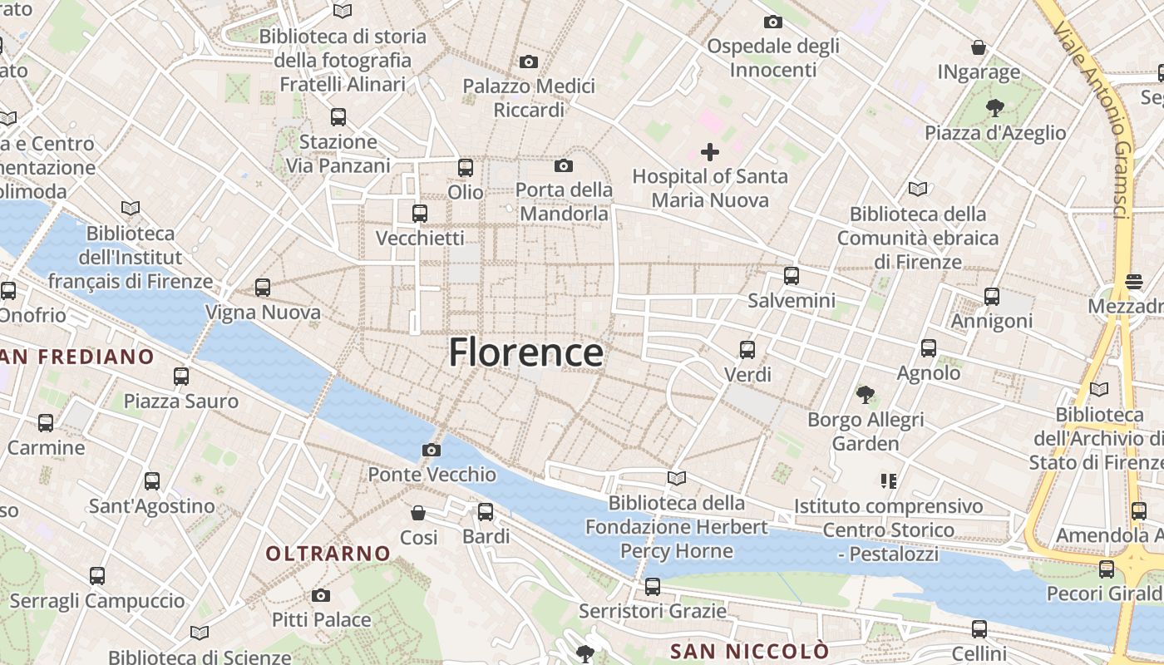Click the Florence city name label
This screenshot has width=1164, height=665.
click(x=526, y=352)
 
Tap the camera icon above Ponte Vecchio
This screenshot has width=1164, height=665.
click(x=432, y=450)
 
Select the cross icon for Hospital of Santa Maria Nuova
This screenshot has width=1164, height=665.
click(x=710, y=151)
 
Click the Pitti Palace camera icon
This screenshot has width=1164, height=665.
click(x=321, y=595)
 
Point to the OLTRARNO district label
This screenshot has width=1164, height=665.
click(x=328, y=553)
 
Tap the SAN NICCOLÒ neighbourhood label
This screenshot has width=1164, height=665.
click(x=750, y=650)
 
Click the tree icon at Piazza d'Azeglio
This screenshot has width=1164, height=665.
click(x=994, y=107)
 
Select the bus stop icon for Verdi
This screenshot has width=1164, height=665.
click(x=747, y=350)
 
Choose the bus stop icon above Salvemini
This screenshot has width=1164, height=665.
click(x=792, y=276)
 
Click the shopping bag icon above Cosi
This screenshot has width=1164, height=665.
click(x=418, y=513)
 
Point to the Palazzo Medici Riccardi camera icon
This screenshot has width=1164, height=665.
click(x=528, y=62)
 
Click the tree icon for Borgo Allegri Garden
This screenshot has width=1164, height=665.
click(x=866, y=394)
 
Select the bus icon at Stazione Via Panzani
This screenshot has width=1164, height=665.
click(x=338, y=117)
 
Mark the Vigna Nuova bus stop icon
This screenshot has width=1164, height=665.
click(x=263, y=288)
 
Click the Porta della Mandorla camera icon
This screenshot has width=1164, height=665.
click(x=564, y=165)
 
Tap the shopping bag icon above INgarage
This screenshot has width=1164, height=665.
click(x=979, y=47)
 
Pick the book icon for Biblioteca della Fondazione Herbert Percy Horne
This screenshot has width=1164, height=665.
click(x=677, y=478)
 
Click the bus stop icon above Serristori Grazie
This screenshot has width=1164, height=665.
click(x=653, y=587)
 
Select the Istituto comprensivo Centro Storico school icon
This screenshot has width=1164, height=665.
click(x=888, y=480)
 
